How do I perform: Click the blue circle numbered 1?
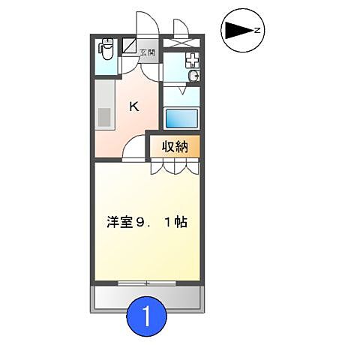tap(147, 316)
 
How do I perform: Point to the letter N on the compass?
tap(256, 31)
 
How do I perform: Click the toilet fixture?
tap(106, 50)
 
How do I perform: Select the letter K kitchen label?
tap(133, 106)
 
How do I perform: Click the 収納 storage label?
tap(175, 146)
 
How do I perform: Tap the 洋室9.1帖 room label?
tap(147, 222)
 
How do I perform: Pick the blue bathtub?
tap(181, 118)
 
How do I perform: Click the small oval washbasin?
tap(194, 76)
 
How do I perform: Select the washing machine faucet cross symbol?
tap(192, 59)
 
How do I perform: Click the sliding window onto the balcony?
tap(147, 283)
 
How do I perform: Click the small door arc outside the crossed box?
tap(181, 23)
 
